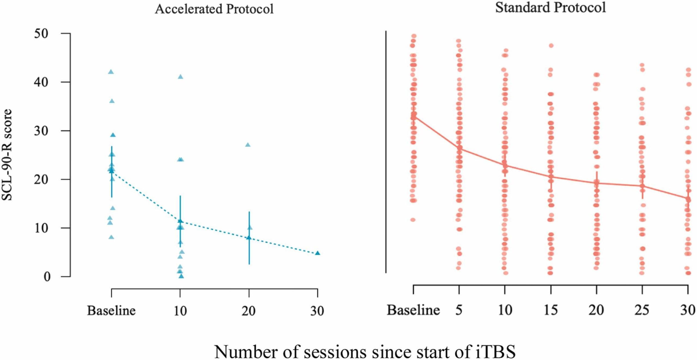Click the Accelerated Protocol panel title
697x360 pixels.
coord(214,9)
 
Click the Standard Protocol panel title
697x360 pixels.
coord(550,8)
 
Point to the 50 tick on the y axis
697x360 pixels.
coord(41,33)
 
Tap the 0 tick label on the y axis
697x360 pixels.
coord(47,277)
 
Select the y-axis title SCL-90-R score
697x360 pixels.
coord(7,155)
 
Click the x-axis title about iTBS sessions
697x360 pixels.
coord(365,352)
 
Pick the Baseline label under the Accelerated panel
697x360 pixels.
coord(111,310)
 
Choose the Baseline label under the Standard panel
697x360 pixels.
coord(413,310)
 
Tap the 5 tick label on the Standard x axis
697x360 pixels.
coord(459,310)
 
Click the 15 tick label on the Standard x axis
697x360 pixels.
coord(551,310)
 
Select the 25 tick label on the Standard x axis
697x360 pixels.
coord(642,310)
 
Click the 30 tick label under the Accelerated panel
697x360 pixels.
coord(317,310)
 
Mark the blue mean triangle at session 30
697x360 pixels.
coord(317,253)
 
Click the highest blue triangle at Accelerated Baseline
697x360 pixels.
coord(111,72)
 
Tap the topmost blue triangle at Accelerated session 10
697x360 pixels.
coord(180,77)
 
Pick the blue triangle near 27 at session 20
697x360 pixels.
coord(248,145)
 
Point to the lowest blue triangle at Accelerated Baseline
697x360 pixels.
coord(111,237)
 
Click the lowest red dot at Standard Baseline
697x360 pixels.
coord(413,220)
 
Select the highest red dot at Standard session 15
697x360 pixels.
coord(551,46)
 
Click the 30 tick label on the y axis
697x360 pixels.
coord(41,131)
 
